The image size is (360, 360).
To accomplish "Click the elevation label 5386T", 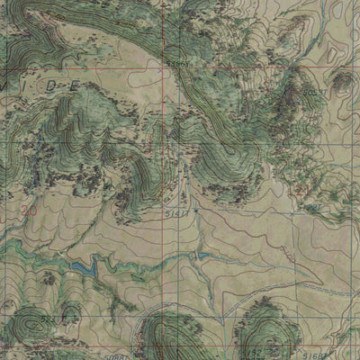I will [176, 64].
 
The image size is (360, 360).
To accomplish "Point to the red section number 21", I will [303, 191].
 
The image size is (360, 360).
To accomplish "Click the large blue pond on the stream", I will [82, 267].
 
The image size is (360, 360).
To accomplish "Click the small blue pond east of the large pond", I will [202, 256].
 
